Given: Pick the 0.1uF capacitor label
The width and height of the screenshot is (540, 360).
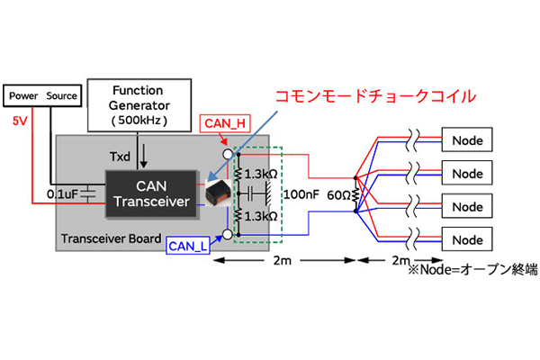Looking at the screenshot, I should tap(62, 193).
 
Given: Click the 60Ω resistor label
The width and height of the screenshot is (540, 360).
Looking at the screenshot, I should tap(337, 195).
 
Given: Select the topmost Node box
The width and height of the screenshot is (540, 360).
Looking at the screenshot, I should tap(467, 140).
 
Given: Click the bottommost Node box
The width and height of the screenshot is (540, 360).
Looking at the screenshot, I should tap(467, 240).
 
